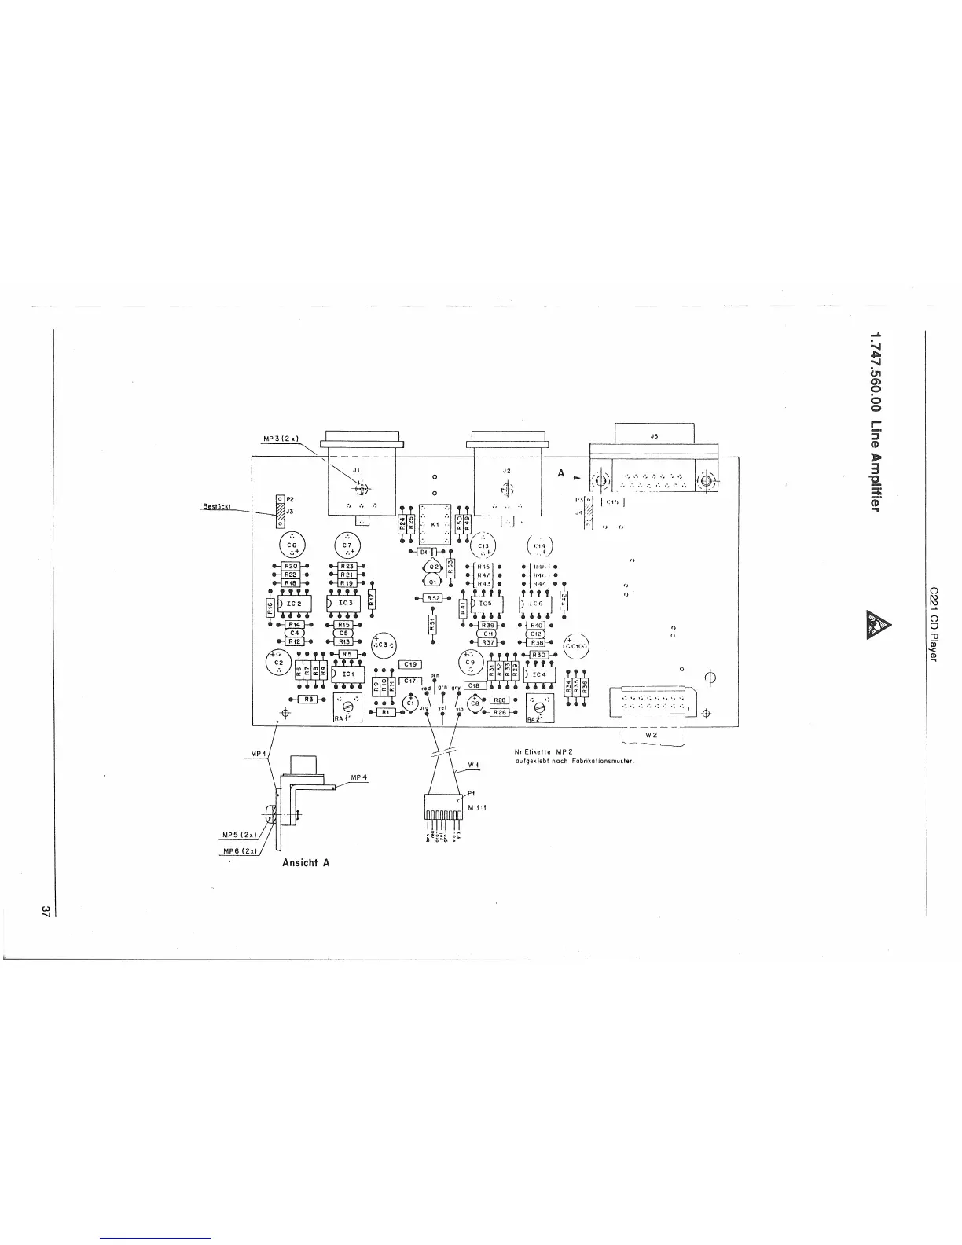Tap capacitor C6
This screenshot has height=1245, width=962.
[292, 548]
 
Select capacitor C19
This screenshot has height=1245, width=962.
[411, 664]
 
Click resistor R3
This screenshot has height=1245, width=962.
[309, 699]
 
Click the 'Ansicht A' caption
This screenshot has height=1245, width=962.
[305, 862]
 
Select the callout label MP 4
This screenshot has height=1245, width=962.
[359, 778]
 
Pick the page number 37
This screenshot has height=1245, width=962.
[46, 912]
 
